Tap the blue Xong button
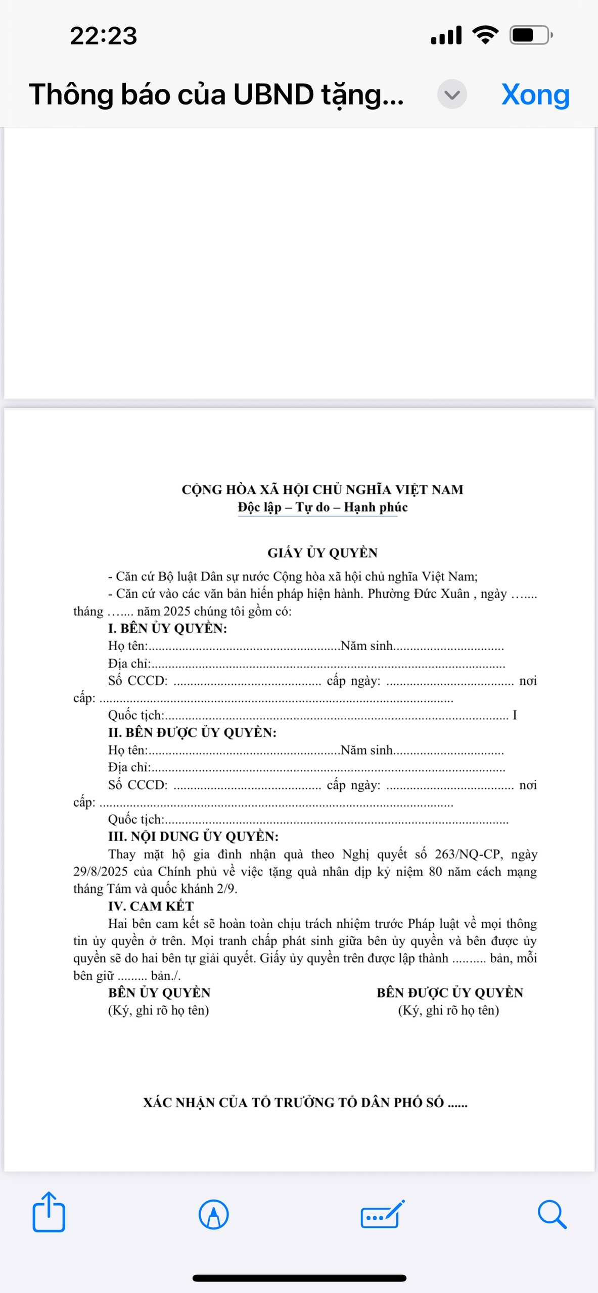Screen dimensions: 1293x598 coord(535,94)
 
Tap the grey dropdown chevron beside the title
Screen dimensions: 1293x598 coord(451,94)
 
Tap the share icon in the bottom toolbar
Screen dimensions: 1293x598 coord(49,1213)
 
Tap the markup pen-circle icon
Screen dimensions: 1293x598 coord(213,1214)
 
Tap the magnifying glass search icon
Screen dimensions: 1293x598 coord(551,1214)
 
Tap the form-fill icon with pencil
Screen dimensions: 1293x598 coord(383,1214)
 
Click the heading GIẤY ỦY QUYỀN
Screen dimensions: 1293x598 coord(323,553)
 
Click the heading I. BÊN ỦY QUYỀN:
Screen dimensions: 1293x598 coord(167,628)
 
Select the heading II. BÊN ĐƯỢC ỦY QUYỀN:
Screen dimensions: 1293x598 coord(192,732)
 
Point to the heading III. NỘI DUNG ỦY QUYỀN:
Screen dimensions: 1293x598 coord(193,836)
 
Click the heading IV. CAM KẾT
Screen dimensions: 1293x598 coord(151,906)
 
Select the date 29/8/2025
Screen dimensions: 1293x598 coord(100,872)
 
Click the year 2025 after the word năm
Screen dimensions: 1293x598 coord(176,612)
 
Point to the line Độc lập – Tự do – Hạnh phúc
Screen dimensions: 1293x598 coord(323,507)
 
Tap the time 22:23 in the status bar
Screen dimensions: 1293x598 coord(104,36)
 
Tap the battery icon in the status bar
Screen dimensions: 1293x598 coord(530,35)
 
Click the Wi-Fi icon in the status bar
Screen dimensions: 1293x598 coord(485,35)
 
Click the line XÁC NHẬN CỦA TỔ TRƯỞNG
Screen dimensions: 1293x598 coord(305,1103)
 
